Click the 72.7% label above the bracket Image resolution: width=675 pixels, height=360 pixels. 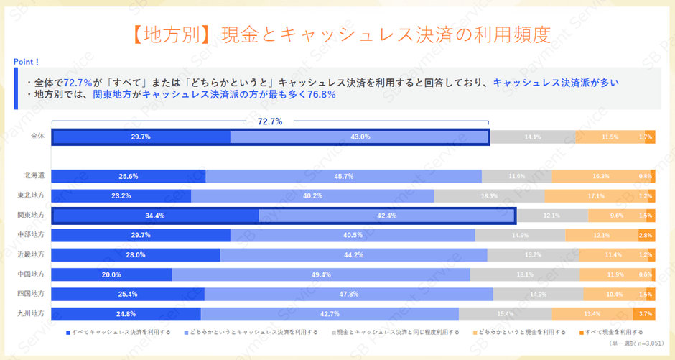[269, 121]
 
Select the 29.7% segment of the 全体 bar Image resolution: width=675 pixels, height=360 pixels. [141, 137]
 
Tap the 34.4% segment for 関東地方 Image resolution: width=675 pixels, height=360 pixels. [155, 215]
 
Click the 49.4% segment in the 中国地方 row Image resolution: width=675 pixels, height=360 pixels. [321, 274]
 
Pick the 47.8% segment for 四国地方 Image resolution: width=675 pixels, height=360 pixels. [348, 294]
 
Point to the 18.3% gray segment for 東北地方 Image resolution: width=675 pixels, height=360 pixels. [489, 195]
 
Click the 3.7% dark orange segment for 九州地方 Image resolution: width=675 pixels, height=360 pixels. [644, 313]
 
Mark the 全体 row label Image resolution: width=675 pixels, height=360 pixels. [38, 137]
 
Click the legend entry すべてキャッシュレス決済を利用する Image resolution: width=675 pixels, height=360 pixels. [118, 332]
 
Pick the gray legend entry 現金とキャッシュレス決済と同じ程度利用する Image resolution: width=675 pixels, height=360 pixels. [388, 332]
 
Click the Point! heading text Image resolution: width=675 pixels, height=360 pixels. [27, 62]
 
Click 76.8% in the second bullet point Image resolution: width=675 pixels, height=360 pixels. [322, 94]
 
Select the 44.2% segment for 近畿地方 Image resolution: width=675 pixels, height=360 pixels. [353, 254]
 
